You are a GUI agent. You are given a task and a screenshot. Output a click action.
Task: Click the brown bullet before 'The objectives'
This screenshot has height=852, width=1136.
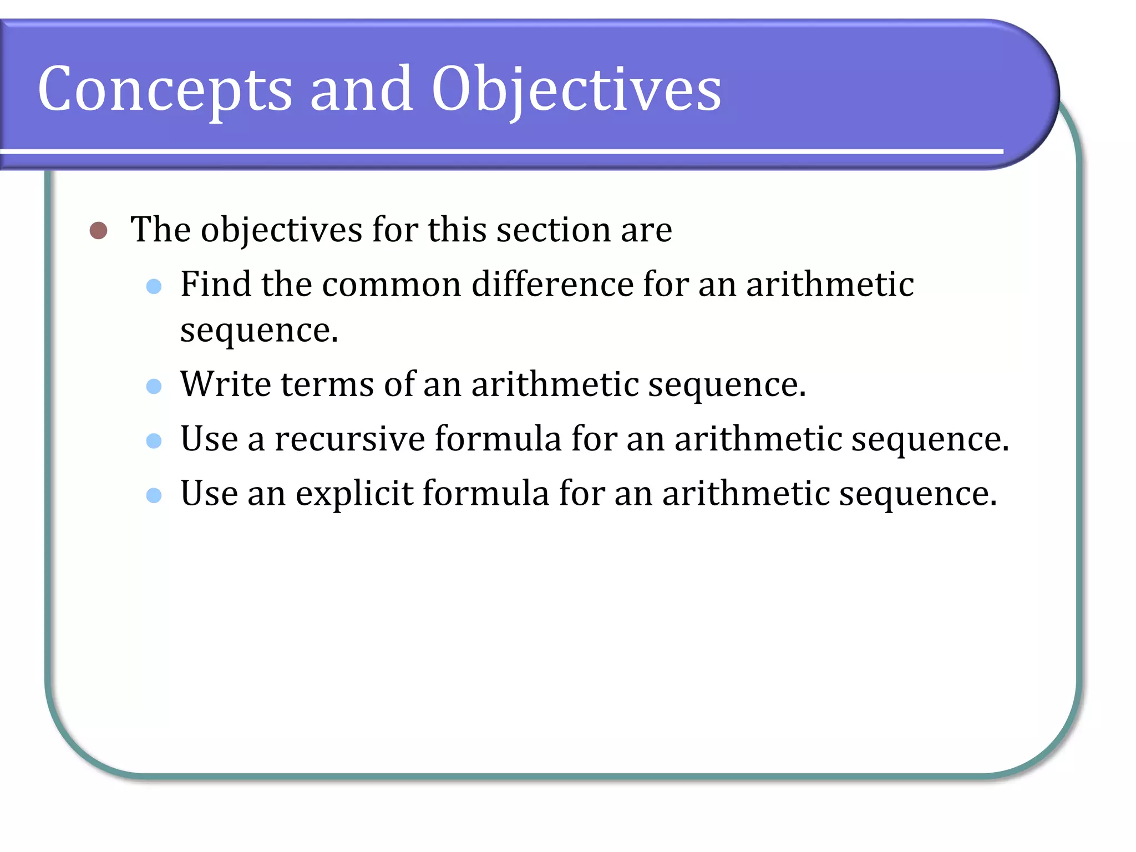98,230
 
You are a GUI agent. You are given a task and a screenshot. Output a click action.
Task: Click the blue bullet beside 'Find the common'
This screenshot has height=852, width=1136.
154,286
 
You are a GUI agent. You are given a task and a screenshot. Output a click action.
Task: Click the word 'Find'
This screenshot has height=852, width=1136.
216,285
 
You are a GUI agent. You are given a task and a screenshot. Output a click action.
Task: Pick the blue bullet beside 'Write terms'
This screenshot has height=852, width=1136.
154,386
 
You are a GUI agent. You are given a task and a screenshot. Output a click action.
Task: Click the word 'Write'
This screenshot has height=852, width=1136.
226,384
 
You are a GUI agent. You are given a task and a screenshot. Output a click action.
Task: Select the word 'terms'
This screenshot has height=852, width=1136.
327,384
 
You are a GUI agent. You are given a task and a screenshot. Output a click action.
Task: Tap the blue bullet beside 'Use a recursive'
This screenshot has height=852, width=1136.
154,441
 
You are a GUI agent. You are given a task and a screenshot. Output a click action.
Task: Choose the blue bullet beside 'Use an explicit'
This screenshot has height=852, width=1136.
154,495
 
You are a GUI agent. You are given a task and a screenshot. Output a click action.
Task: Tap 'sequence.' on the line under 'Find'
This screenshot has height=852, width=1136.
259,331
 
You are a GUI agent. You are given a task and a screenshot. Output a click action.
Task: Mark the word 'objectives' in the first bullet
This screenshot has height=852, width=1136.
281,230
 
